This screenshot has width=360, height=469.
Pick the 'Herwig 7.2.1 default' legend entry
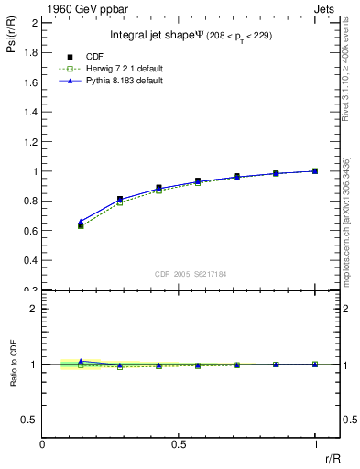point(122,69)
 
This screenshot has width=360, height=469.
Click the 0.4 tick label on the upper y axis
point(31,260)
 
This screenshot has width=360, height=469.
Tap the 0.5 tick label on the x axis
point(179,444)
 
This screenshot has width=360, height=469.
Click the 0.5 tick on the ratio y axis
point(31,420)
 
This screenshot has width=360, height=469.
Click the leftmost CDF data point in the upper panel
point(81,224)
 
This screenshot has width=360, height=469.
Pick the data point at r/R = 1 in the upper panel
point(315,170)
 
